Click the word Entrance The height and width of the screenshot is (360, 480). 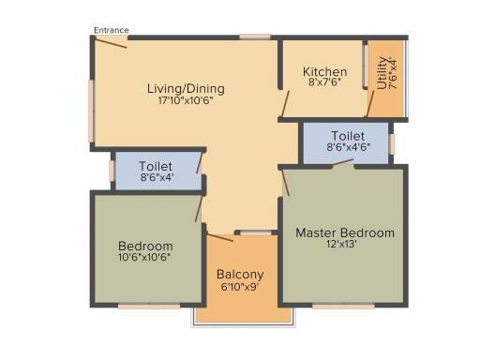[x=112, y=30]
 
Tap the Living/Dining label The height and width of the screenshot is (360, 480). [x=186, y=89]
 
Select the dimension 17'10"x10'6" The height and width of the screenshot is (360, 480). [x=186, y=100]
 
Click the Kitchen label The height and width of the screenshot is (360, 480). [x=324, y=72]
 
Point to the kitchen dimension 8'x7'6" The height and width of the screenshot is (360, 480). [x=324, y=82]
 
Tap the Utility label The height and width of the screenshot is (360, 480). [x=382, y=73]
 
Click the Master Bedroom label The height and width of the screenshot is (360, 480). [x=345, y=232]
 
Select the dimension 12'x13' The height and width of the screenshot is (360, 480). [x=342, y=244]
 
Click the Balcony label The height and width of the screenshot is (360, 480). [x=240, y=275]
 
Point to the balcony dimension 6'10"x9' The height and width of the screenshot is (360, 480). [x=240, y=287]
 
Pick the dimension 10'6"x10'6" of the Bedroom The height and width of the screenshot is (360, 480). [x=144, y=257]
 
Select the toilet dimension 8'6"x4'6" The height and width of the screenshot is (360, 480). [x=349, y=147]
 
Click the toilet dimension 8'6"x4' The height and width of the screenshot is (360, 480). [x=157, y=177]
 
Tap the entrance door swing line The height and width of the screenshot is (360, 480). [x=111, y=42]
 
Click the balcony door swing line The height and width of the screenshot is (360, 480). [x=220, y=237]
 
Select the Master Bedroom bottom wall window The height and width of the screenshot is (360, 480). [x=343, y=307]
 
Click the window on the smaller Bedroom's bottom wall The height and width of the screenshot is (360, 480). [x=149, y=307]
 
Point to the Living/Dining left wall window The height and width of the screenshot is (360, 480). [x=91, y=112]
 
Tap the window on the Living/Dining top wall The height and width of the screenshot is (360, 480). [x=255, y=37]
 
